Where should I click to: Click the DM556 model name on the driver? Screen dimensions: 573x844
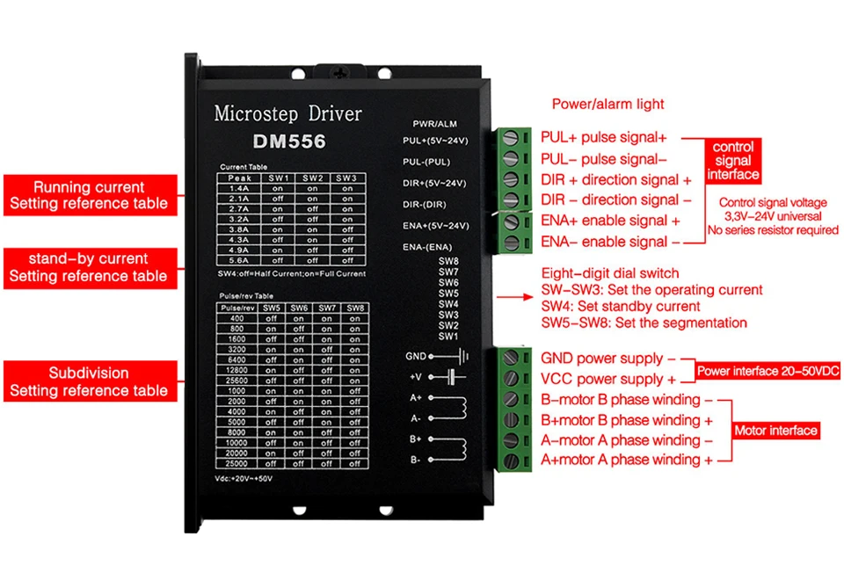pyautogui.click(x=288, y=141)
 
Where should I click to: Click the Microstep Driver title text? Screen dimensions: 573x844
pyautogui.click(x=287, y=114)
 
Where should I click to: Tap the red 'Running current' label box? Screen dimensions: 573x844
pyautogui.click(x=88, y=195)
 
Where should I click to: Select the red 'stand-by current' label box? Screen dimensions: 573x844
pyautogui.click(x=88, y=267)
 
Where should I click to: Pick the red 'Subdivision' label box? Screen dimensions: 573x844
pyautogui.click(x=88, y=381)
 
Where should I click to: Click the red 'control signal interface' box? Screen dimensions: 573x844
pyautogui.click(x=733, y=161)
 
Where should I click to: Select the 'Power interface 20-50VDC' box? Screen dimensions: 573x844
pyautogui.click(x=768, y=372)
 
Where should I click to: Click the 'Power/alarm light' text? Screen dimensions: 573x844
pyautogui.click(x=608, y=104)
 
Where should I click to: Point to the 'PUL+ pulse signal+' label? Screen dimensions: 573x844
pyautogui.click(x=604, y=137)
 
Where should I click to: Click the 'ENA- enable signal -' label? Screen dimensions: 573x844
pyautogui.click(x=610, y=242)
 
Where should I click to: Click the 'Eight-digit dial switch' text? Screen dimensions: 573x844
pyautogui.click(x=609, y=273)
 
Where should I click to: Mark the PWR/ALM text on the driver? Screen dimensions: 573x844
pyautogui.click(x=434, y=123)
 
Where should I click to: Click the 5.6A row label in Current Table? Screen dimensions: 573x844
pyautogui.click(x=238, y=260)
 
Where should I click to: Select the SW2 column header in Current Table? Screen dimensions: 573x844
pyautogui.click(x=312, y=178)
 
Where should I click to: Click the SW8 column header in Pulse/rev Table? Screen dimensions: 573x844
pyautogui.click(x=354, y=308)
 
